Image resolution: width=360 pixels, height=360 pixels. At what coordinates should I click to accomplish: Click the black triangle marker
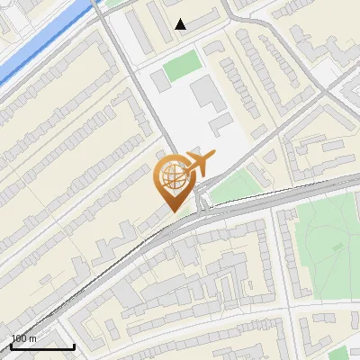tap(181, 24)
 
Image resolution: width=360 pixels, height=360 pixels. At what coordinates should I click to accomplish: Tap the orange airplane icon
tap(199, 164)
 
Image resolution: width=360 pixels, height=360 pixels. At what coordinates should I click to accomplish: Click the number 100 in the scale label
tap(19, 338)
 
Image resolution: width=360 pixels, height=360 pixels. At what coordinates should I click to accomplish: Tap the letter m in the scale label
tap(32, 338)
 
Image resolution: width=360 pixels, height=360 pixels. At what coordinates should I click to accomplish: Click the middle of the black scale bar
tap(42, 346)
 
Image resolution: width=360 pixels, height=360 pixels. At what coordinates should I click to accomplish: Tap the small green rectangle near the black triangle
tap(183, 64)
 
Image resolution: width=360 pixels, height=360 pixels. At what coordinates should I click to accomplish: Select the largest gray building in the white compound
tap(203, 91)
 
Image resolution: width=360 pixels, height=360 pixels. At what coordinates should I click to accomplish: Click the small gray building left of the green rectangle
tap(159, 80)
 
